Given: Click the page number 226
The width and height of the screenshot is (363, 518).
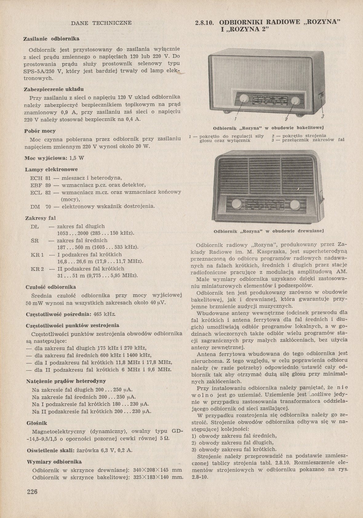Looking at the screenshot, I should click(x=32, y=492).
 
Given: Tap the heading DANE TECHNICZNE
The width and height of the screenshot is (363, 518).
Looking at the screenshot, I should click(x=101, y=23).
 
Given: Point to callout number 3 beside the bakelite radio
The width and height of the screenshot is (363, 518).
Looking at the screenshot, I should click(x=323, y=117).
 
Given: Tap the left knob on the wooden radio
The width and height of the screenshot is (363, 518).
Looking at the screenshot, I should click(x=236, y=204).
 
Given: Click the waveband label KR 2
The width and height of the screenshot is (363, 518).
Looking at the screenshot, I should click(x=38, y=269).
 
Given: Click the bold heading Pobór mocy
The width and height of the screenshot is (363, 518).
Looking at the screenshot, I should click(x=40, y=131).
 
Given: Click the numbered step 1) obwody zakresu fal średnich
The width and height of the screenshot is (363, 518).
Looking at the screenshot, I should click(x=234, y=436).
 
